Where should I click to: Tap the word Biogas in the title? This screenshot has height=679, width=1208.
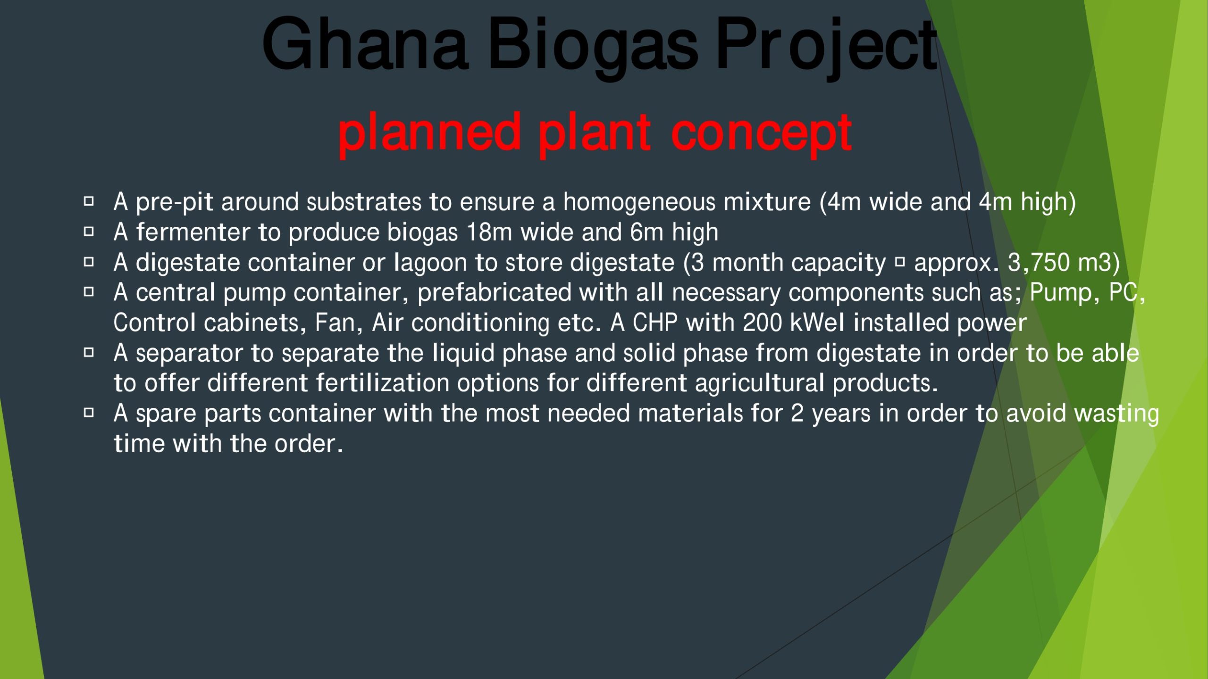[x=592, y=48]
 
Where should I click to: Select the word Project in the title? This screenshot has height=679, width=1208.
[x=827, y=48]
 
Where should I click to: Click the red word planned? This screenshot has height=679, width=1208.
[x=429, y=134]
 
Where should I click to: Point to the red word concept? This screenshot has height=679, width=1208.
[x=761, y=135]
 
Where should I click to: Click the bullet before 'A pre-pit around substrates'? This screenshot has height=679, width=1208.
[x=89, y=202]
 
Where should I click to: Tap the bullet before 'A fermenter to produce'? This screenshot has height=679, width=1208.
[x=89, y=232]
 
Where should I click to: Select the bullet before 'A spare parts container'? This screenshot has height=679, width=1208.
[x=89, y=413]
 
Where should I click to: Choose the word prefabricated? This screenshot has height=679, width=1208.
[x=495, y=292]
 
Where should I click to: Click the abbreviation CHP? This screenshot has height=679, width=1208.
[x=655, y=323]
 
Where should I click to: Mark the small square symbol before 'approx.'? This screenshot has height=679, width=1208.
[x=900, y=262]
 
